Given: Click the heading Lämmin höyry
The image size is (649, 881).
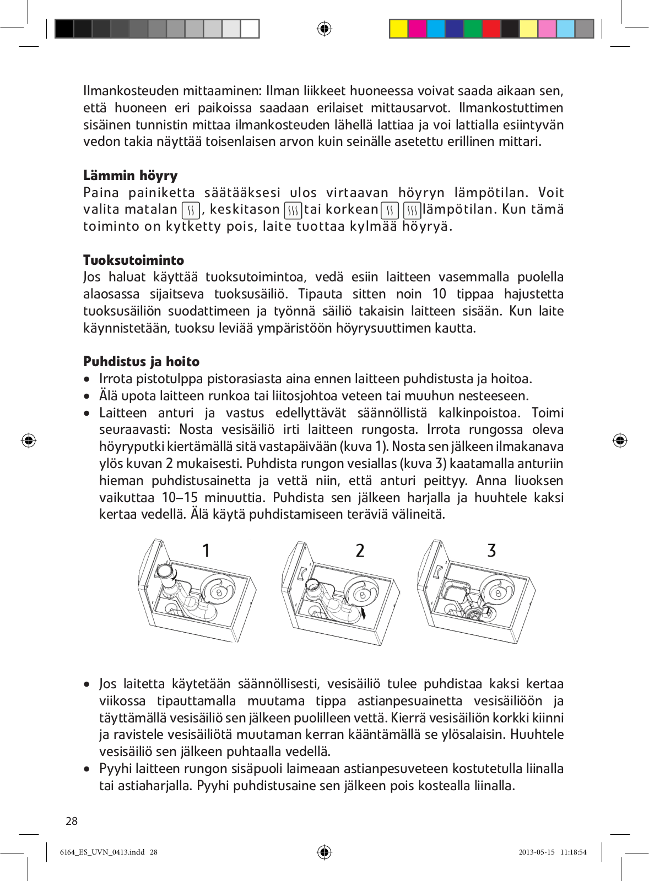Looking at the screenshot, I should click(x=131, y=176).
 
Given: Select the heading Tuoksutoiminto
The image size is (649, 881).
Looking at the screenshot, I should click(x=134, y=260).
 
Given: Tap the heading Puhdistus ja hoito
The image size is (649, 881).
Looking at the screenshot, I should click(x=142, y=362).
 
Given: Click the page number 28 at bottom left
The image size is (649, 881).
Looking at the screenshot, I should click(x=72, y=821).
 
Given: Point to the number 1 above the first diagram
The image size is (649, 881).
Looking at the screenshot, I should click(x=206, y=550).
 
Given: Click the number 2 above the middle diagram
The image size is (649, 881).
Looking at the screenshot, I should click(x=360, y=550).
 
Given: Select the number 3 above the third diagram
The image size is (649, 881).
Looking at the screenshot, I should click(x=491, y=550).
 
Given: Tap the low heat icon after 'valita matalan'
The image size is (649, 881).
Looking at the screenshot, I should click(x=191, y=210).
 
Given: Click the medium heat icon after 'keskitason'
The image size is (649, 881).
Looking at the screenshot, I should click(x=293, y=210).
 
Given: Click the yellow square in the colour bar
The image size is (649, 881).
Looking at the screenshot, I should click(x=398, y=29).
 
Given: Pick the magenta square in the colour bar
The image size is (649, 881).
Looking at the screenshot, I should click(x=417, y=29).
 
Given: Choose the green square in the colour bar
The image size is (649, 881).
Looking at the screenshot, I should click(x=473, y=29).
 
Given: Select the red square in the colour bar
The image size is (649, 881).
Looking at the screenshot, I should click(x=491, y=29).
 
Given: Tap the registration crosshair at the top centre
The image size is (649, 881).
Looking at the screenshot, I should click(x=324, y=29).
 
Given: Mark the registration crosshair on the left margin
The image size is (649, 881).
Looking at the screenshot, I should click(x=29, y=440).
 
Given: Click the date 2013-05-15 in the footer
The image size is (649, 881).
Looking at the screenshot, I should click(x=537, y=852).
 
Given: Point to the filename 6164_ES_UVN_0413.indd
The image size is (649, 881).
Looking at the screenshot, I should click(x=102, y=852).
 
